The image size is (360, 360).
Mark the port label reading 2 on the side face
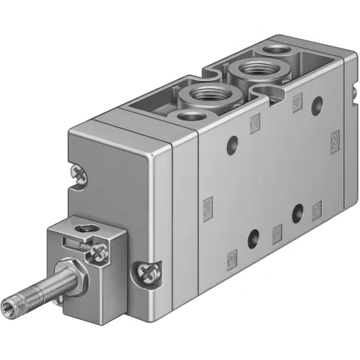[255, 120]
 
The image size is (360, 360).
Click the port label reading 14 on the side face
[335, 136]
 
